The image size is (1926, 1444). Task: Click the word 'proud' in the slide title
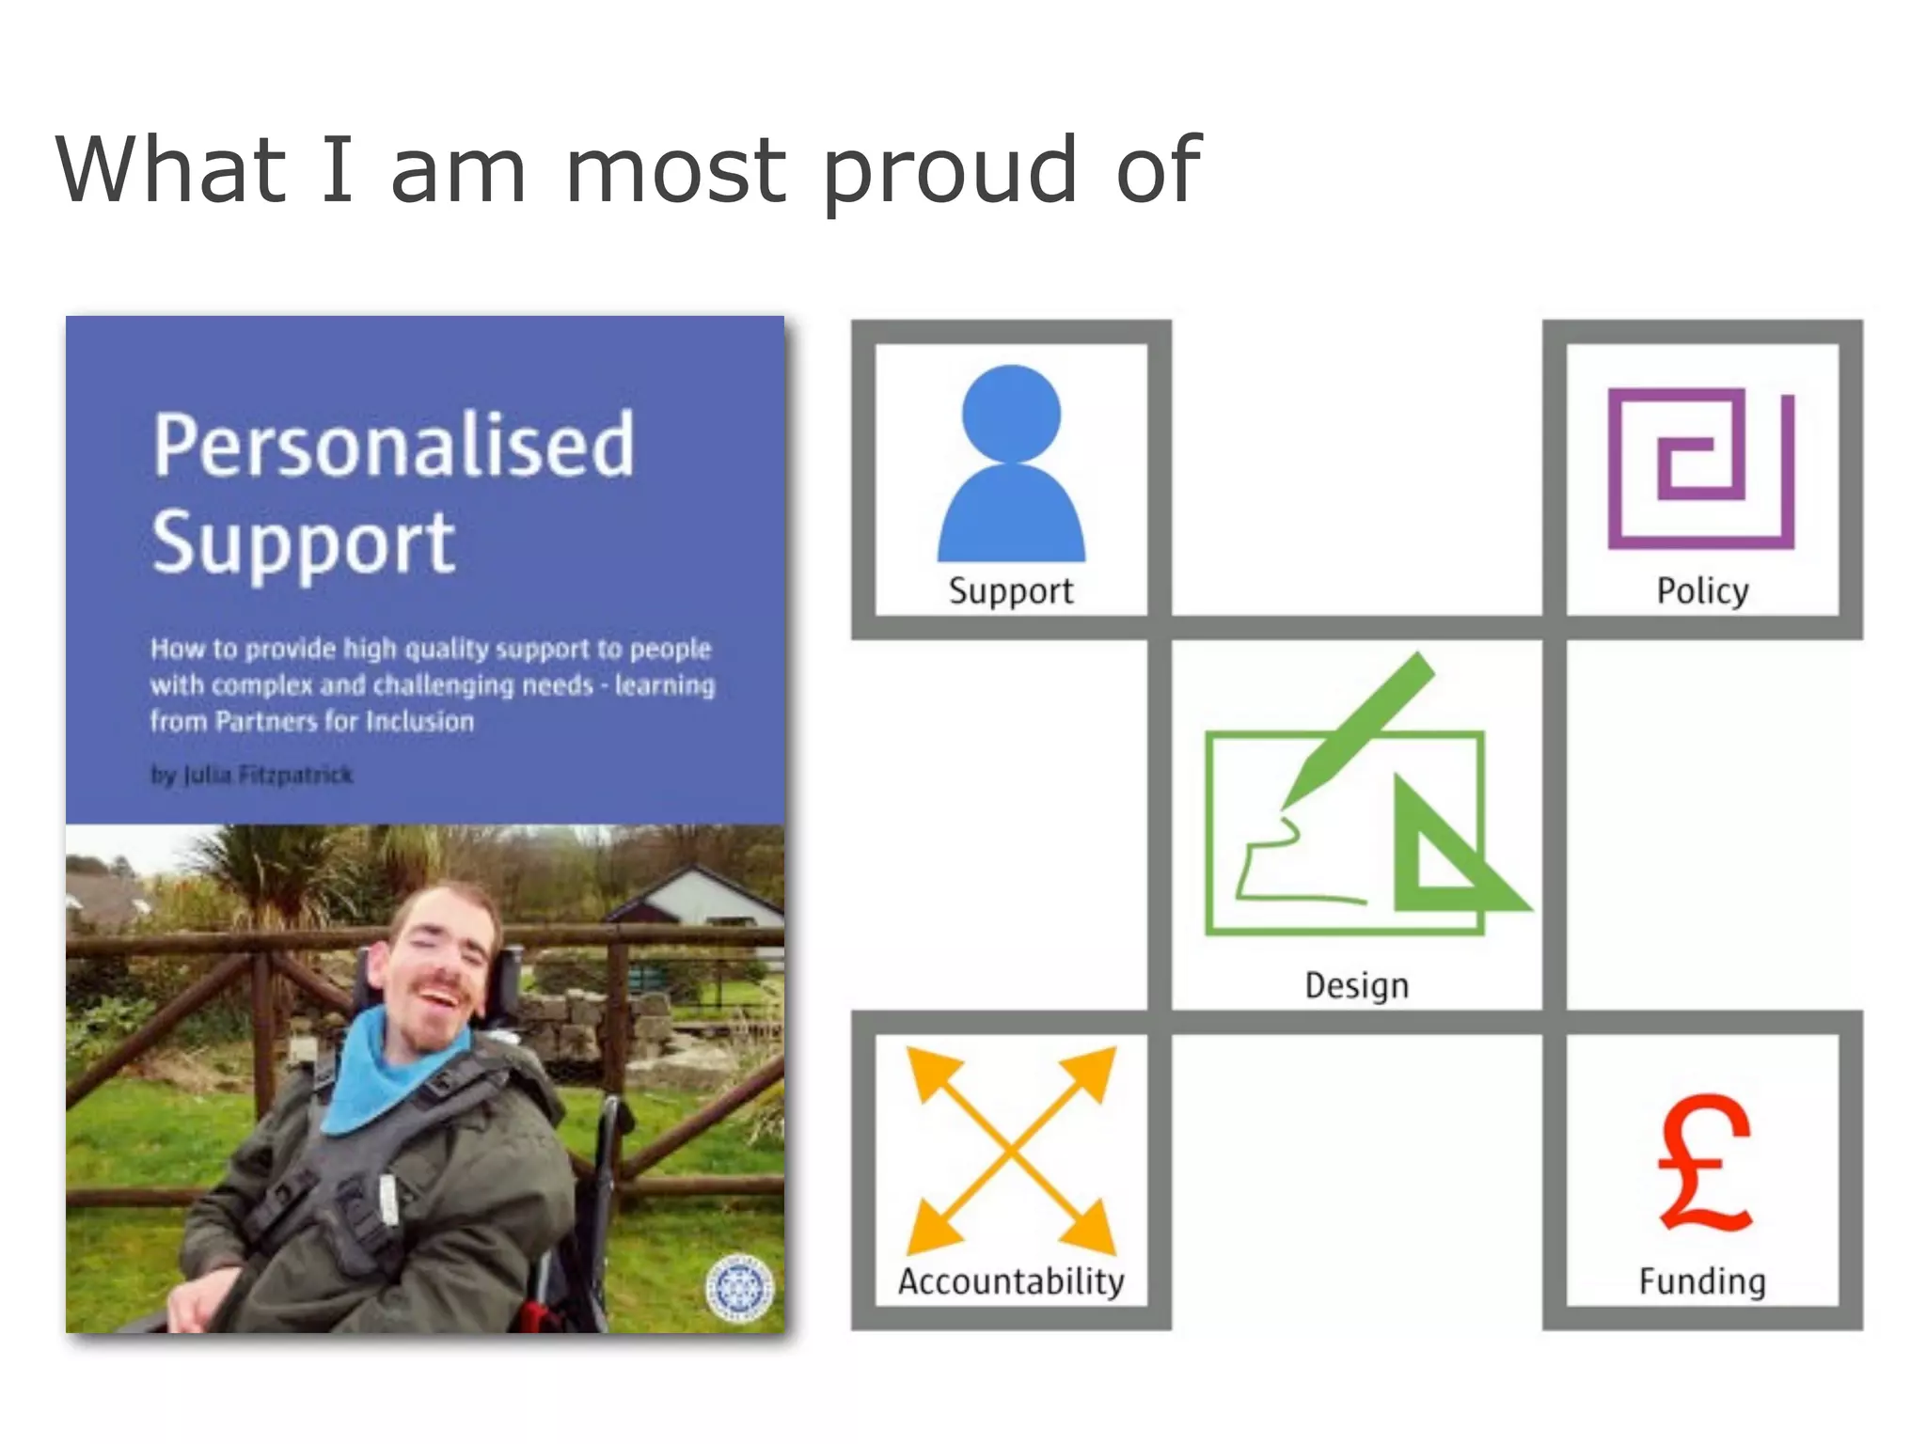(x=950, y=171)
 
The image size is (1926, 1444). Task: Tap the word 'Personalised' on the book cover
(x=394, y=446)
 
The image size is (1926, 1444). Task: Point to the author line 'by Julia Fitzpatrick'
(x=251, y=775)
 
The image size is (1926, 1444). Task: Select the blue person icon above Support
(x=1011, y=463)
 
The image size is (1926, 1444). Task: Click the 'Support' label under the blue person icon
(x=1011, y=591)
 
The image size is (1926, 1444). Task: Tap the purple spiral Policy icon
(x=1700, y=467)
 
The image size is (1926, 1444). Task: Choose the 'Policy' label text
(x=1702, y=591)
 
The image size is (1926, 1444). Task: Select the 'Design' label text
(x=1356, y=985)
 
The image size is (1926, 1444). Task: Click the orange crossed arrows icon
(x=1011, y=1149)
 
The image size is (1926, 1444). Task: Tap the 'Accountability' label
(x=1011, y=1281)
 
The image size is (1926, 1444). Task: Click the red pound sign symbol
(x=1703, y=1163)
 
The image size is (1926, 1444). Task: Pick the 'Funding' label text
(x=1702, y=1281)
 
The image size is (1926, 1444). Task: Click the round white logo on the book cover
(x=739, y=1286)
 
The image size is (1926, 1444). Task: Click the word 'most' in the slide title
(x=675, y=171)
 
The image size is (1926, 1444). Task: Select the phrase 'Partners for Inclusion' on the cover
(x=344, y=722)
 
